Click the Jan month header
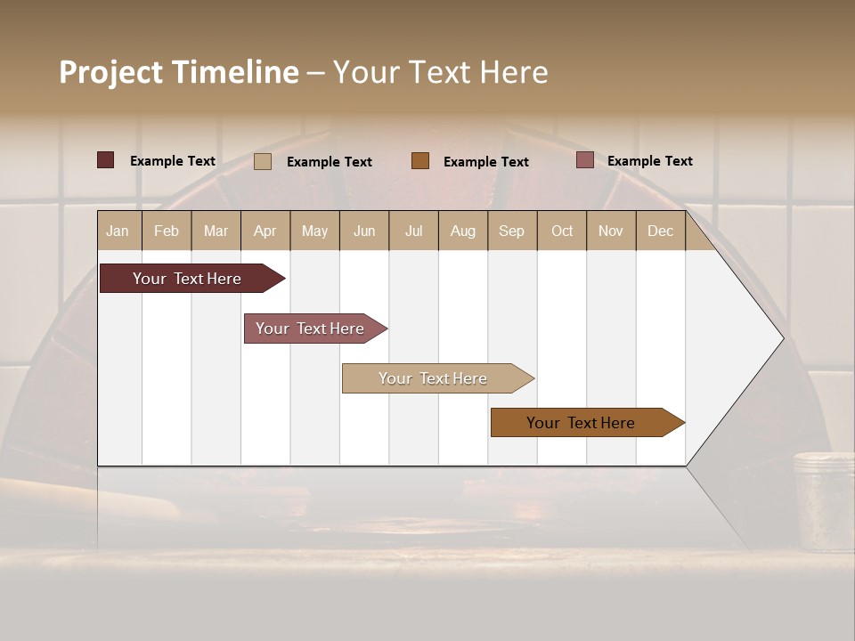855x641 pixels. pyautogui.click(x=118, y=231)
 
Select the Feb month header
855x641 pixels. pyautogui.click(x=167, y=231)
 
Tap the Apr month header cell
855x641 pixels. pyautogui.click(x=265, y=231)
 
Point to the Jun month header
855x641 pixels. pyautogui.click(x=364, y=231)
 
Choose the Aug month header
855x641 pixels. pyautogui.click(x=463, y=231)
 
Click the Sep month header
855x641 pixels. pyautogui.click(x=512, y=231)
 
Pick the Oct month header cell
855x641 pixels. pyautogui.click(x=562, y=231)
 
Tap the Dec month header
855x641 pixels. pyautogui.click(x=661, y=231)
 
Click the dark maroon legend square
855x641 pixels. pyautogui.click(x=106, y=160)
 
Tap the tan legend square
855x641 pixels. pyautogui.click(x=263, y=161)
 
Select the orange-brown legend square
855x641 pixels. pyautogui.click(x=420, y=160)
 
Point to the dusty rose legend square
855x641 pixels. pyautogui.click(x=585, y=160)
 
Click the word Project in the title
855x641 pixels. pyautogui.click(x=110, y=72)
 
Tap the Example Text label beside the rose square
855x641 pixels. pyautogui.click(x=649, y=161)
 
